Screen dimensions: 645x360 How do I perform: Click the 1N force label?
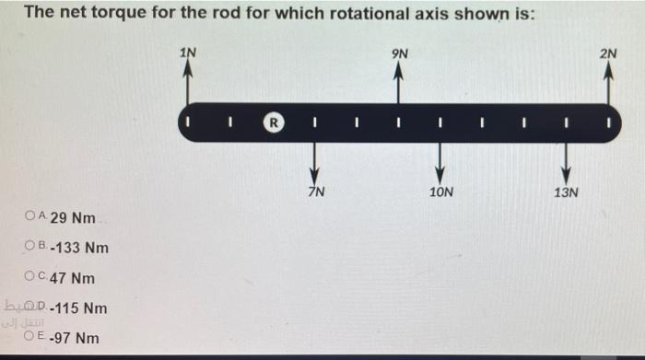tap(188, 52)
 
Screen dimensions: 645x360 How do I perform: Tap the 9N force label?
tap(399, 52)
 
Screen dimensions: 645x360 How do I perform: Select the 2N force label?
tap(608, 52)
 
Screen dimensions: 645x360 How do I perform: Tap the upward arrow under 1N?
tap(188, 83)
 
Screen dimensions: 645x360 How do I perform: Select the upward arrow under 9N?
tap(399, 83)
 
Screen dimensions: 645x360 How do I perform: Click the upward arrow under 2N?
tap(608, 83)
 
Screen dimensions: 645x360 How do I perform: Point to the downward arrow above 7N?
tap(315, 164)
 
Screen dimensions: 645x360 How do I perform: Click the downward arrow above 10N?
tap(440, 164)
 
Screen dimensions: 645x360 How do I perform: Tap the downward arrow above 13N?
tap(566, 164)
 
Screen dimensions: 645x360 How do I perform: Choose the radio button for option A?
tap(30, 218)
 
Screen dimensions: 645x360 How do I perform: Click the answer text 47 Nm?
tap(73, 278)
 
